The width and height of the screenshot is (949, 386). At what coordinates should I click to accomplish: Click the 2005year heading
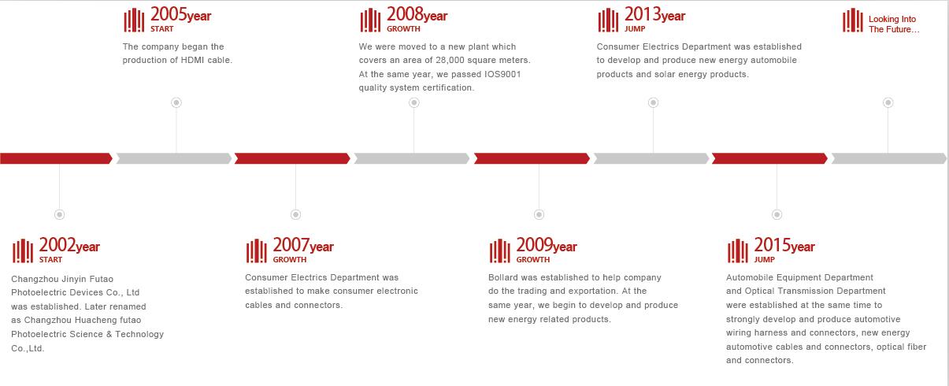180,14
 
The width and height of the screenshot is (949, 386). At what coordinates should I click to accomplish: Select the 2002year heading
69,245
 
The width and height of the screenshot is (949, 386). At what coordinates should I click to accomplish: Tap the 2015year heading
784,245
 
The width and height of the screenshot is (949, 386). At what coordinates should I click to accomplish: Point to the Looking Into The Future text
894,24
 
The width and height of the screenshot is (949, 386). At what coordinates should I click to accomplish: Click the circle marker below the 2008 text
414,102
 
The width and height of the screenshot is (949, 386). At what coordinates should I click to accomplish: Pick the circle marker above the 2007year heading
295,214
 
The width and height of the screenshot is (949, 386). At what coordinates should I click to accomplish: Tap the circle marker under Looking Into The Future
888,102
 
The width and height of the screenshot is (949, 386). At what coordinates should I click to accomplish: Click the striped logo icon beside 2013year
608,20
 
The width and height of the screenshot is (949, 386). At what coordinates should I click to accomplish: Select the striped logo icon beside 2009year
500,251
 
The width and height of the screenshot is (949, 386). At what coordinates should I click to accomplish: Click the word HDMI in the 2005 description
193,60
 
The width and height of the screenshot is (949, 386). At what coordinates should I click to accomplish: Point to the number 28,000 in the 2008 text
450,60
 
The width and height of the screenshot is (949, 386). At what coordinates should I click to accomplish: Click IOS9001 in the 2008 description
502,74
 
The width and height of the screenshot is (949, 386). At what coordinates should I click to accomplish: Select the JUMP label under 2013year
635,29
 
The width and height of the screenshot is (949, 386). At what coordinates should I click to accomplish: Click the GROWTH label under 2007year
289,260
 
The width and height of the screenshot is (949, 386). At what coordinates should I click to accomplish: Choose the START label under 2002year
50,260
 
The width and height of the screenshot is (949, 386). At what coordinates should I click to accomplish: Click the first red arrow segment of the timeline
56,158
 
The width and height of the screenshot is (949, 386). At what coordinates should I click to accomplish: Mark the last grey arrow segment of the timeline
889,158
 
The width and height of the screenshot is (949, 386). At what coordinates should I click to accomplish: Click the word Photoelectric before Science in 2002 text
38,334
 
